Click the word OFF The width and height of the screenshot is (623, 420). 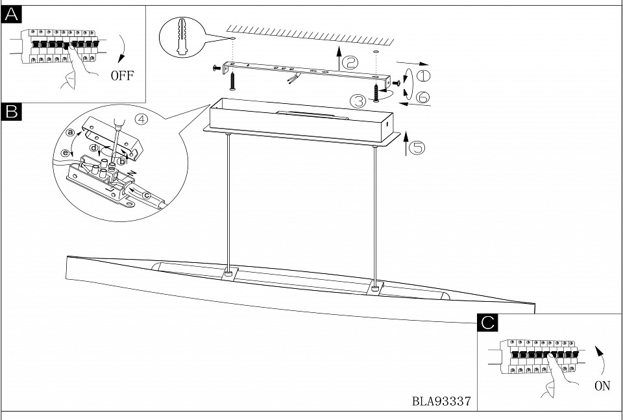pos(121,76)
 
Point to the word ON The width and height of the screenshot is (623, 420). pos(602,386)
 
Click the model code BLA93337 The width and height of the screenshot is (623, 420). pos(441,401)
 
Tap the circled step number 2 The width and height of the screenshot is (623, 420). pos(349,62)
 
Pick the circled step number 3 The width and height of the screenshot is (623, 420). pos(358,101)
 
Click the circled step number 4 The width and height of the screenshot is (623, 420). pos(141,119)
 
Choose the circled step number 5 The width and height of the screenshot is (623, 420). pos(417,148)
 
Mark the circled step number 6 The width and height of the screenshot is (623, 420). pos(422,97)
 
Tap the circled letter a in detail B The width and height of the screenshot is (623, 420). pos(71,132)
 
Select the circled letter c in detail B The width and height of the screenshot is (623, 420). pos(147,194)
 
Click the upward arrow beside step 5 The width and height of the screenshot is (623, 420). pos(406,143)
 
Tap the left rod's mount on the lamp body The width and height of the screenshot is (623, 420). pos(228,275)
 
